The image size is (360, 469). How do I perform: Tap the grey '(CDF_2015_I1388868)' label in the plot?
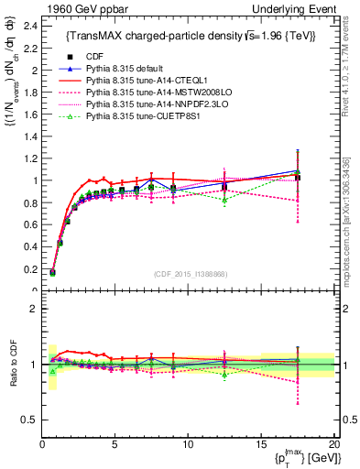point(190,274)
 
